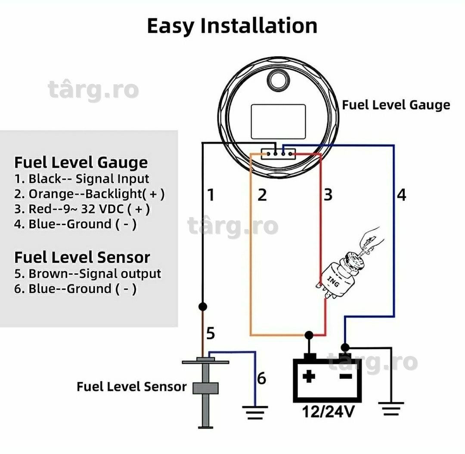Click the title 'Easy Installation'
[x=232, y=26]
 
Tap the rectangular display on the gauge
[x=278, y=121]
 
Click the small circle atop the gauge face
[x=278, y=80]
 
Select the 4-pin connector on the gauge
[x=278, y=154]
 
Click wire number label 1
[x=211, y=195]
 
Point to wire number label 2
[x=262, y=195]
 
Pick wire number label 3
[x=328, y=195]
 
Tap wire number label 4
[x=402, y=195]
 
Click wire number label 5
[x=211, y=333]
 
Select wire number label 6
[x=261, y=378]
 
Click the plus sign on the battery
[x=309, y=377]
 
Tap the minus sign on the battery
[x=345, y=377]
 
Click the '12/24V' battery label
[x=328, y=411]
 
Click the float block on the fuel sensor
[x=205, y=388]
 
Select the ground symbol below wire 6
[x=255, y=412]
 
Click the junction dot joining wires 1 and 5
[x=202, y=307]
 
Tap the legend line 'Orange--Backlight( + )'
[x=89, y=194]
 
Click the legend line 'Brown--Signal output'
[x=87, y=273]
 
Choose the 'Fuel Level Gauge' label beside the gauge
[x=396, y=105]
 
